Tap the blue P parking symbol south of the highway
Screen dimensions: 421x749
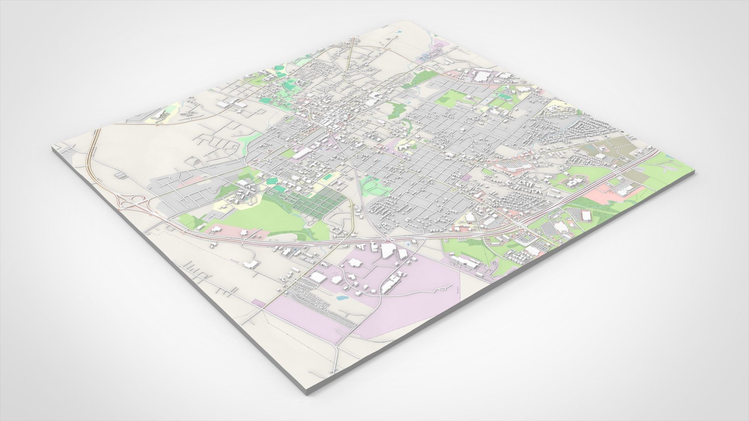[408, 244]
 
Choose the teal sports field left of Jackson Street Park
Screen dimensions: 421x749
[328, 176]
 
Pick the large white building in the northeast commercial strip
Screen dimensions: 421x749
[482, 77]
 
